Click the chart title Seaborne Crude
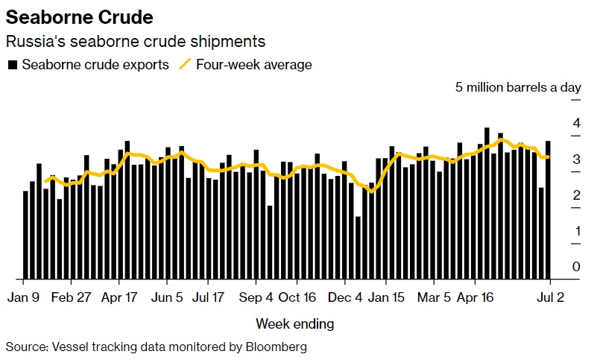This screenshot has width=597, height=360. (80, 16)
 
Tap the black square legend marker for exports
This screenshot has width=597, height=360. (11, 65)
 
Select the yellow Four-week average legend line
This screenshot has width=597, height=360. (186, 64)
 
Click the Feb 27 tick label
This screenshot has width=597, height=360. (72, 297)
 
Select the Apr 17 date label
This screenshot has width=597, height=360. (119, 297)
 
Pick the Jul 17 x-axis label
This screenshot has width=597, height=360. (209, 297)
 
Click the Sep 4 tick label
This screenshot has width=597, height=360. (256, 297)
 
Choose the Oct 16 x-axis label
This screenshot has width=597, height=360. (297, 297)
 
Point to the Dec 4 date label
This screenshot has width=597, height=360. (345, 297)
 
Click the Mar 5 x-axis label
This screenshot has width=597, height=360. (434, 297)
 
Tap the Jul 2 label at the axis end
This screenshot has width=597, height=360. (550, 297)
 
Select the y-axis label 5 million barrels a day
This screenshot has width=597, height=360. (518, 87)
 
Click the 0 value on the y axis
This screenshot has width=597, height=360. (576, 266)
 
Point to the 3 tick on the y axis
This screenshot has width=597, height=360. (576, 159)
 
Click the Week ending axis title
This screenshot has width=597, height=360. (295, 324)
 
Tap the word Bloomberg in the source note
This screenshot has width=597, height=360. (271, 347)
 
